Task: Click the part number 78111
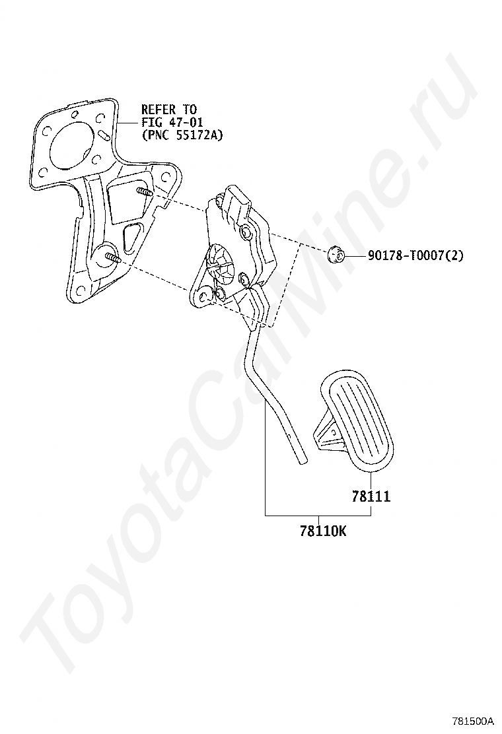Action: [371, 496]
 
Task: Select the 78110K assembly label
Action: [322, 530]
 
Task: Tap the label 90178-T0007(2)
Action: [415, 255]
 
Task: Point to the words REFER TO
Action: [168, 110]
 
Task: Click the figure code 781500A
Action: [472, 721]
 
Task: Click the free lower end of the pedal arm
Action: [301, 460]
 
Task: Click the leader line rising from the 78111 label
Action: [371, 481]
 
